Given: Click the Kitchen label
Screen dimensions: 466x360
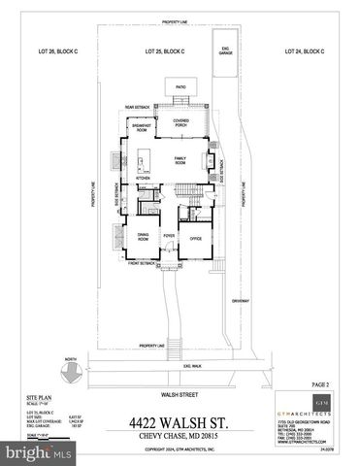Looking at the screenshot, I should [x=142, y=178].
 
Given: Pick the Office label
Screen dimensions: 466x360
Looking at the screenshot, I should [x=195, y=236].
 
